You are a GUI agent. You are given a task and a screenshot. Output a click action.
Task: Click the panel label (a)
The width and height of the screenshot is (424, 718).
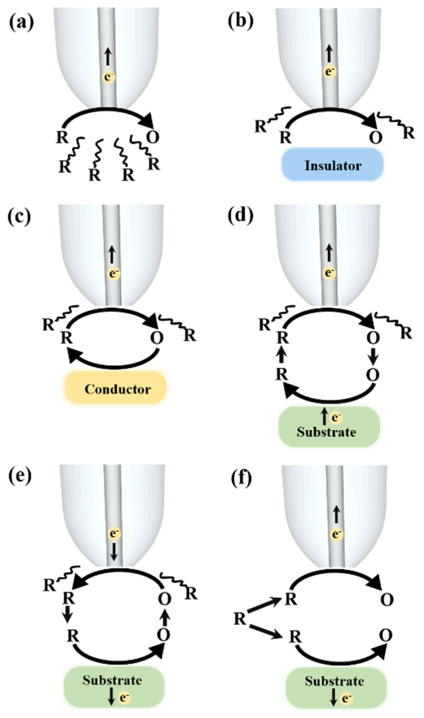click(21, 23)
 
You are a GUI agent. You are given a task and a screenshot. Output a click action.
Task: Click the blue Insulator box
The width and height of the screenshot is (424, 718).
click(332, 165)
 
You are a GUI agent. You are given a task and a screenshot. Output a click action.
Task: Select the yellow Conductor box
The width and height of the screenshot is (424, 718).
click(115, 388)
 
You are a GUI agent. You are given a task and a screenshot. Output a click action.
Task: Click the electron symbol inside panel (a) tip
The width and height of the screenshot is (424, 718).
click(109, 77)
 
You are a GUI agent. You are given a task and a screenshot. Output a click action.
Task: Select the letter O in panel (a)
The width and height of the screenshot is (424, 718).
click(153, 137)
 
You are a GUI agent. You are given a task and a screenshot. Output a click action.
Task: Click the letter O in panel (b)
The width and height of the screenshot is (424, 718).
click(376, 138)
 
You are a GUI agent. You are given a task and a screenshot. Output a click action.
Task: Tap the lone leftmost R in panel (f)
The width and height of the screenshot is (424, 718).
click(240, 619)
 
